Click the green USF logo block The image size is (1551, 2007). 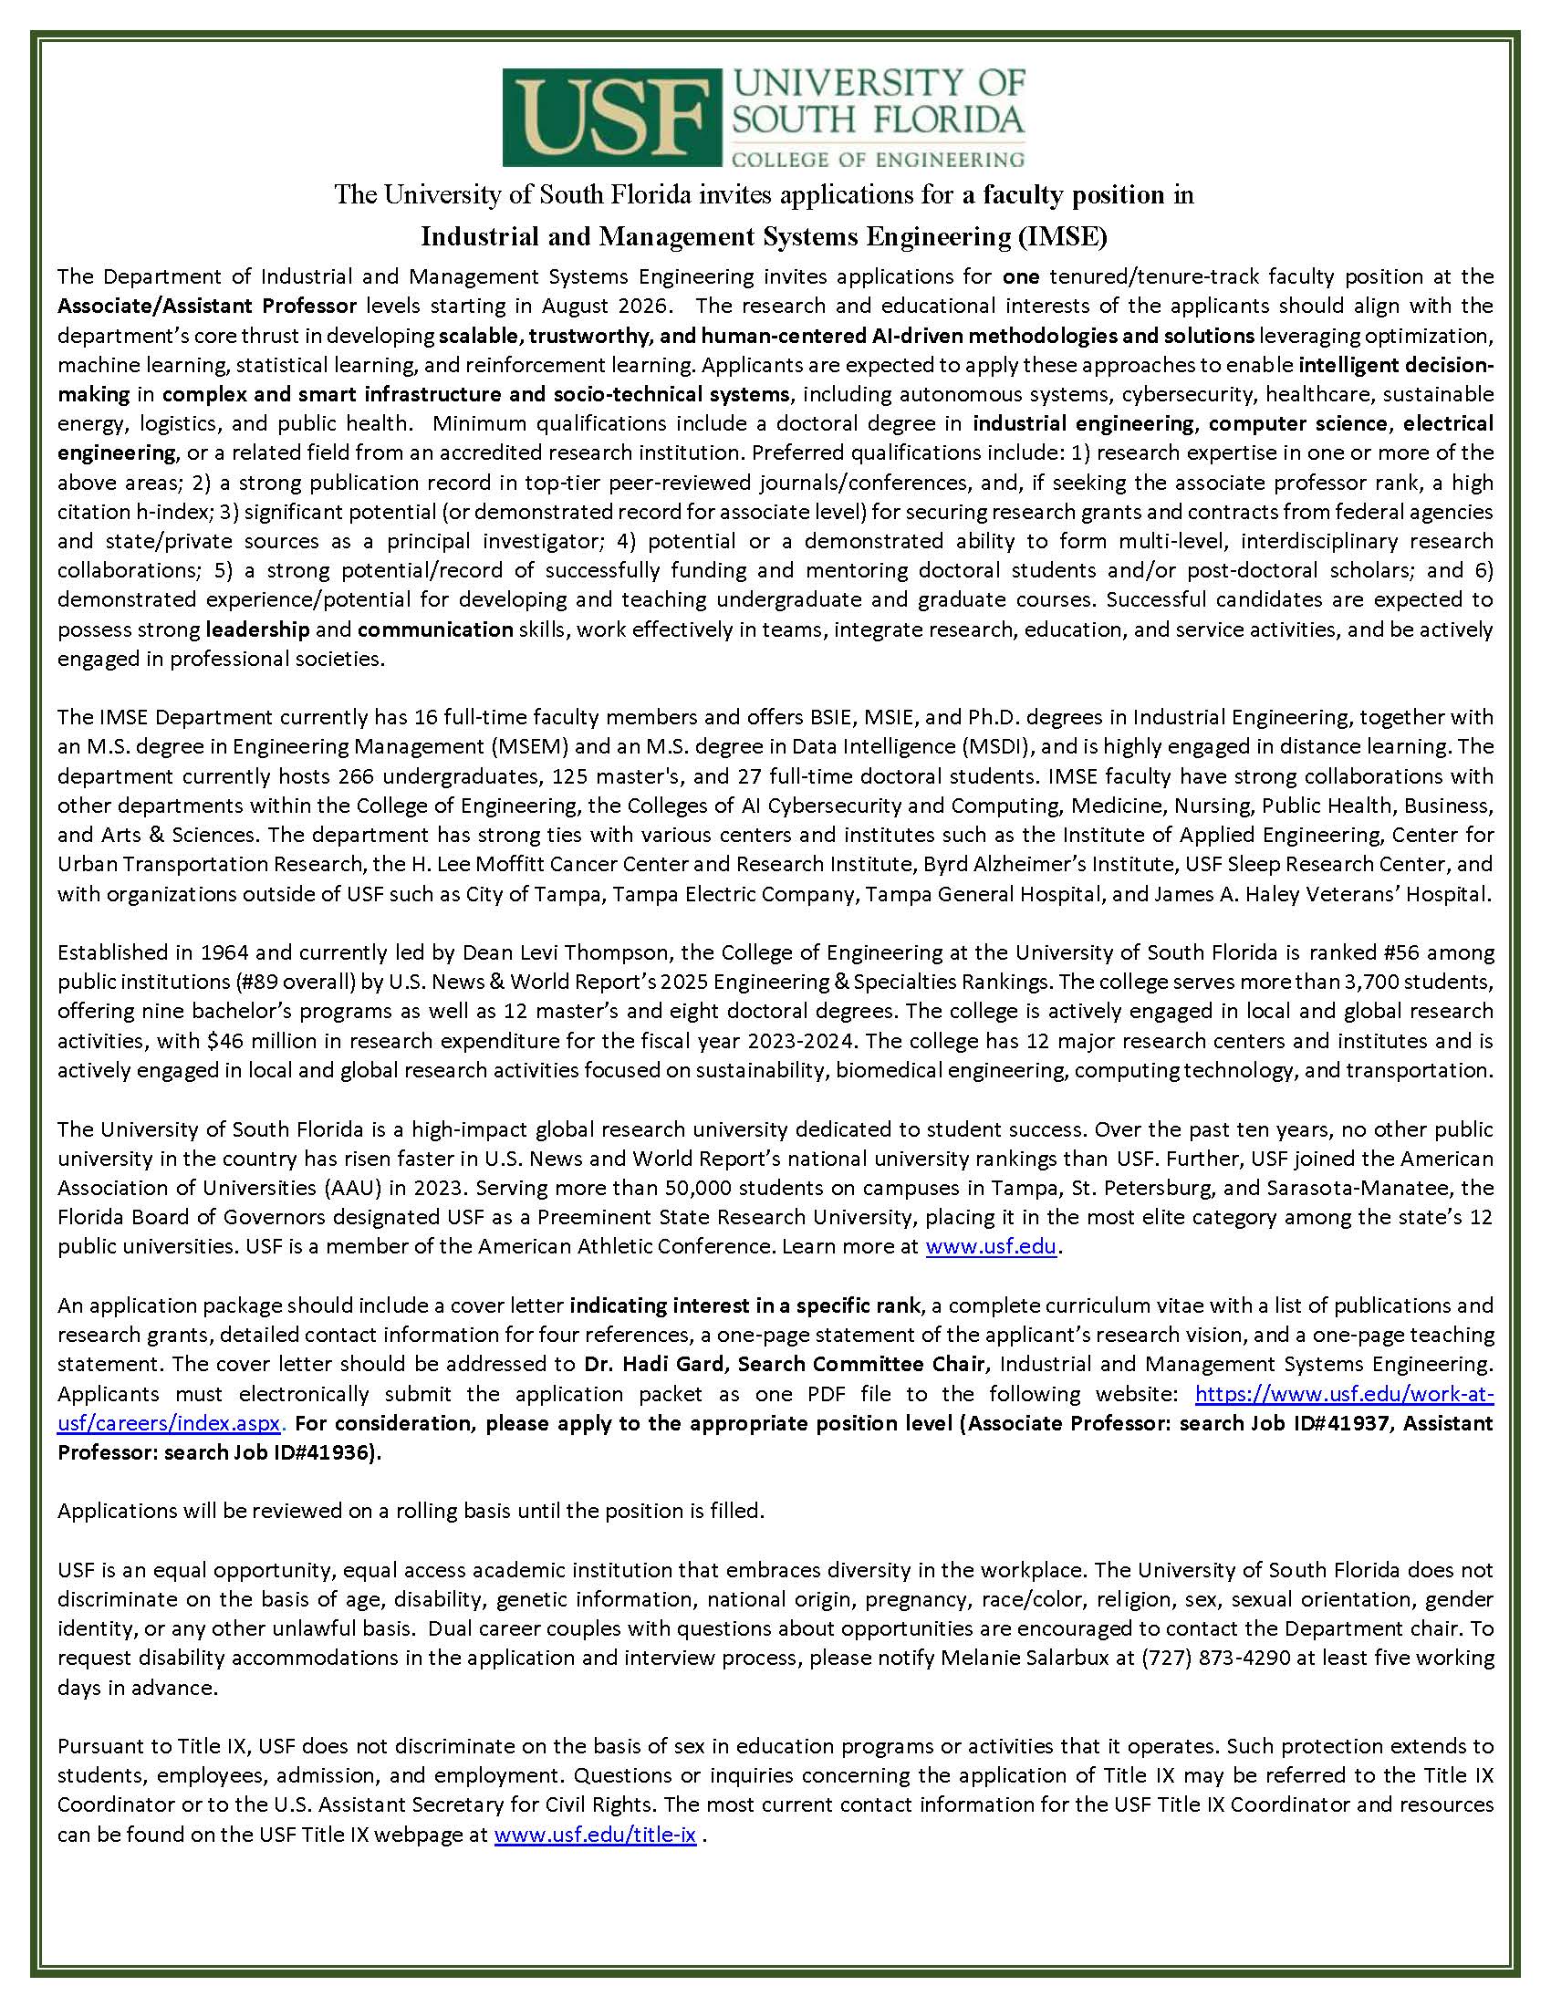608,118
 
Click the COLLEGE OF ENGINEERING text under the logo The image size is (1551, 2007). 877,159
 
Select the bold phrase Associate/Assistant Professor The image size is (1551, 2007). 207,306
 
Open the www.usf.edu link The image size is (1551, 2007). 992,1247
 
